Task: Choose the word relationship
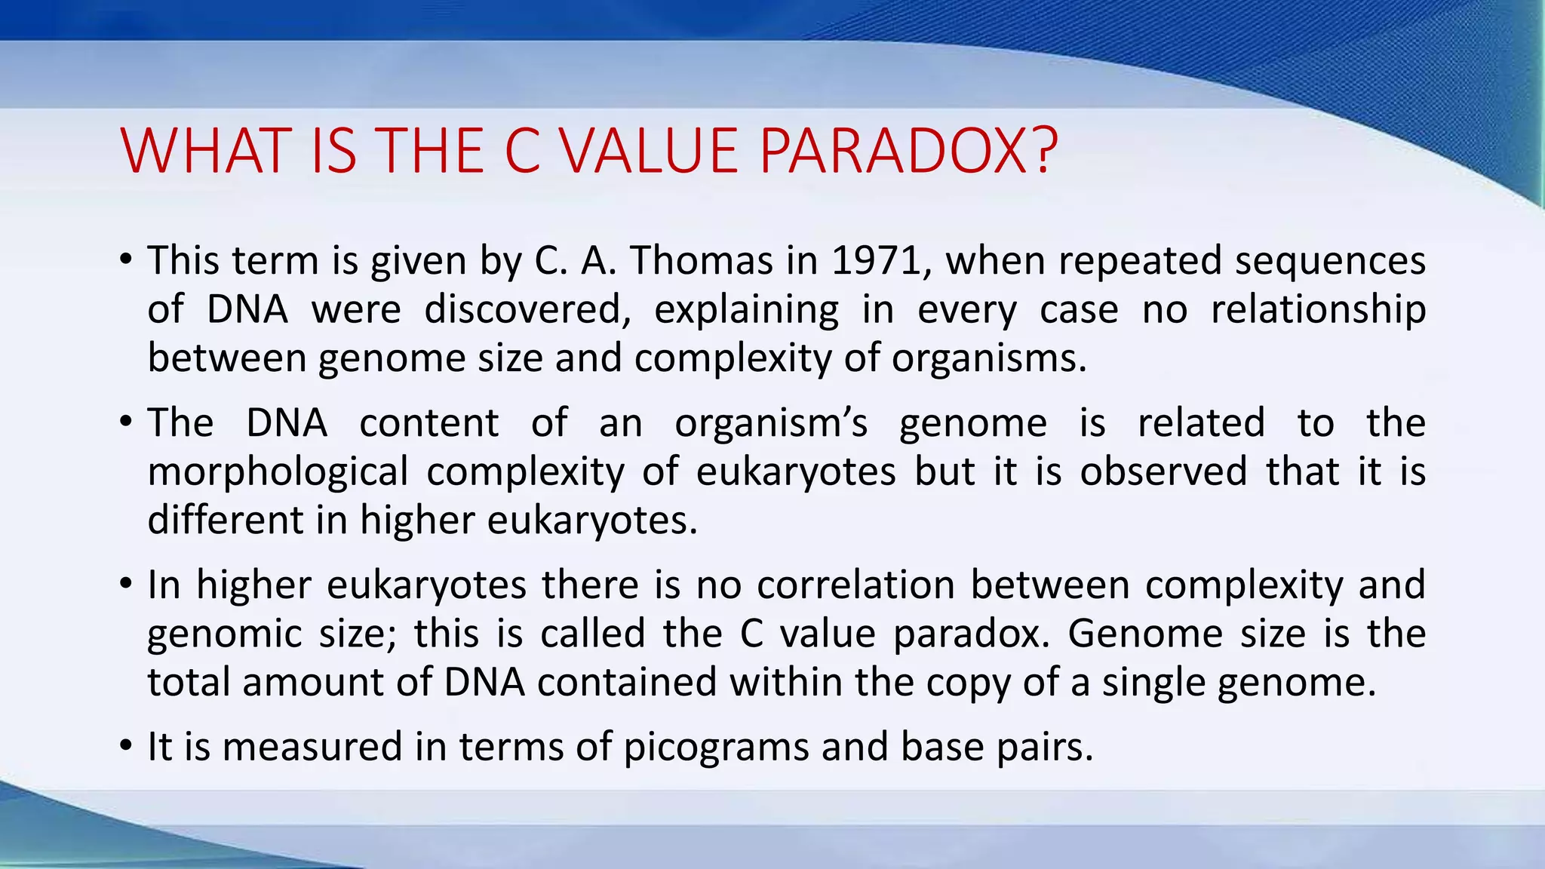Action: (1318, 309)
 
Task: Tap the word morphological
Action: (278, 472)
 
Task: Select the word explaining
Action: (746, 309)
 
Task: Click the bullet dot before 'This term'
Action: (126, 259)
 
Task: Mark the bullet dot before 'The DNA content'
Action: (126, 422)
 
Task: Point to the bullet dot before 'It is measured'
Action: (126, 746)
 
